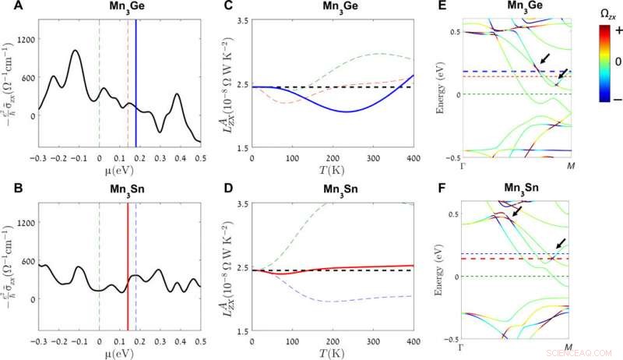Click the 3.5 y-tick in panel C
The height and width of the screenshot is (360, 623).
point(239,19)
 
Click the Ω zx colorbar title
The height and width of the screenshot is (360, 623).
point(605,14)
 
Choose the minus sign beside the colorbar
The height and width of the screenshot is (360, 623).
point(609,99)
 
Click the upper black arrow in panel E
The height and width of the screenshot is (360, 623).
point(548,59)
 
